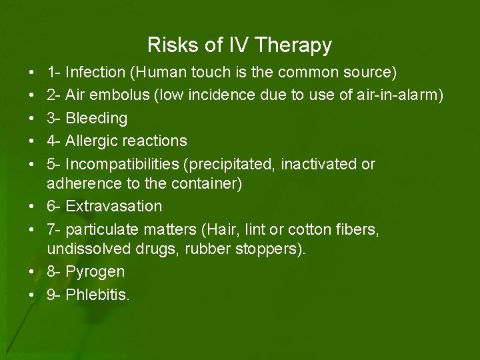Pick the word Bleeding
coord(97,118)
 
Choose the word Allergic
coord(93,141)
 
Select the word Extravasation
coord(114,206)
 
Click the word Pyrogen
coord(95,272)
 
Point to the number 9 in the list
coord(51,295)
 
